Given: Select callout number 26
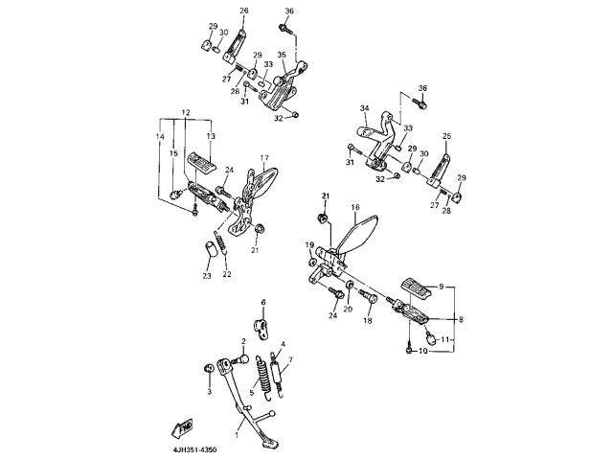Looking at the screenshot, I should pos(243,11).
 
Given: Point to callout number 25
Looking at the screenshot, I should pos(446,136).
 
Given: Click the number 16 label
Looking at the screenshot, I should pos(354,207).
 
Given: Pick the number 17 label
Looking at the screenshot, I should pos(264,158).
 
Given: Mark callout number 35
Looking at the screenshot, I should pos(282,56).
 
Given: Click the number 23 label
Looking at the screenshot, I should pos(206,276).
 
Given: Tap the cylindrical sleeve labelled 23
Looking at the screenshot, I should pos(207,254).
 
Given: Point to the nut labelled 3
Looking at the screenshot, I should pos(208,370).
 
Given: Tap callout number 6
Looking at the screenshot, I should pos(263,303).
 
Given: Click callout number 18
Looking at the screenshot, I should pos(367,322).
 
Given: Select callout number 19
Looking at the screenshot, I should pos(309,246).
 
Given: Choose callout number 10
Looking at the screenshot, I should pos(426,350).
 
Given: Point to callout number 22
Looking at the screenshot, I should pos(227,274).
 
